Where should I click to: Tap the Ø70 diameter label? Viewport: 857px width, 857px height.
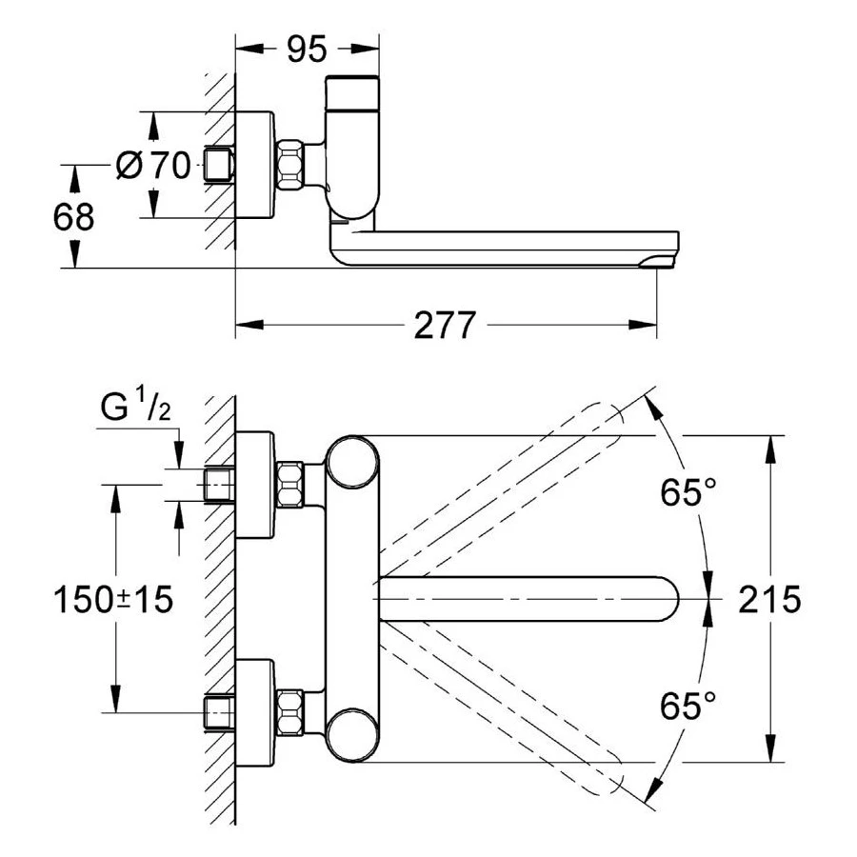(152, 166)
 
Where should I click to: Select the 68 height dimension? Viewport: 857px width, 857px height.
(73, 217)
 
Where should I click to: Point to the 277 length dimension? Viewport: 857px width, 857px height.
(444, 327)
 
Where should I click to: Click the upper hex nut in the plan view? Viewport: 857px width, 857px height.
(289, 484)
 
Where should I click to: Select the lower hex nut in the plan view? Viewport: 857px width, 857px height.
(289, 710)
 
